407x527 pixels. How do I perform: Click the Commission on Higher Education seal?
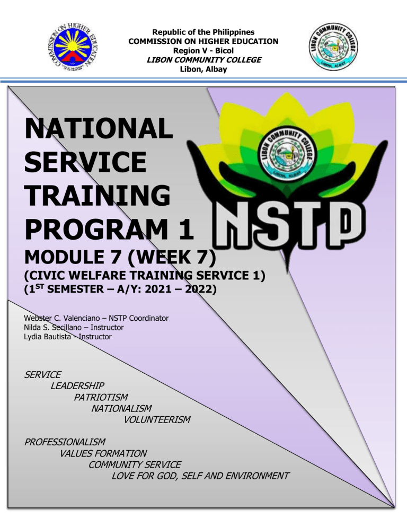click(x=73, y=47)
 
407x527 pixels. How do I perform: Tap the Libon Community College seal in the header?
click(x=333, y=47)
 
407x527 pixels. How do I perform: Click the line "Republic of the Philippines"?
click(x=203, y=32)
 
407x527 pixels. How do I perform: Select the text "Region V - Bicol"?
click(x=203, y=51)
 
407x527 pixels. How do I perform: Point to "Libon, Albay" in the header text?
click(x=203, y=69)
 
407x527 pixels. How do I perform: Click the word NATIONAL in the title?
click(x=99, y=128)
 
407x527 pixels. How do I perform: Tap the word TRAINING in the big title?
click(x=98, y=196)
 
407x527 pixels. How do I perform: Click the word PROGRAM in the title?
click(x=96, y=229)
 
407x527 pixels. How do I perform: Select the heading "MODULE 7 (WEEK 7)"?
click(x=120, y=258)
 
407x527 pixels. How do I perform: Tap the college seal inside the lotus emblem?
click(x=288, y=154)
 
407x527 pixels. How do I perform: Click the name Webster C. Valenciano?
click(x=62, y=318)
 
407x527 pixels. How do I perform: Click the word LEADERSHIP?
click(x=77, y=386)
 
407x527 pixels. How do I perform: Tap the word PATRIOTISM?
click(x=101, y=397)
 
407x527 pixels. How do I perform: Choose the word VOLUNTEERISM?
click(x=157, y=420)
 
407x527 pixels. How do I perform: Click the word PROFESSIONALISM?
click(x=65, y=442)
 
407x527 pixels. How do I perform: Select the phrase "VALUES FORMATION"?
click(x=103, y=454)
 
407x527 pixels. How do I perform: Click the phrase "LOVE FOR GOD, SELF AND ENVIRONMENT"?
click(x=200, y=476)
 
